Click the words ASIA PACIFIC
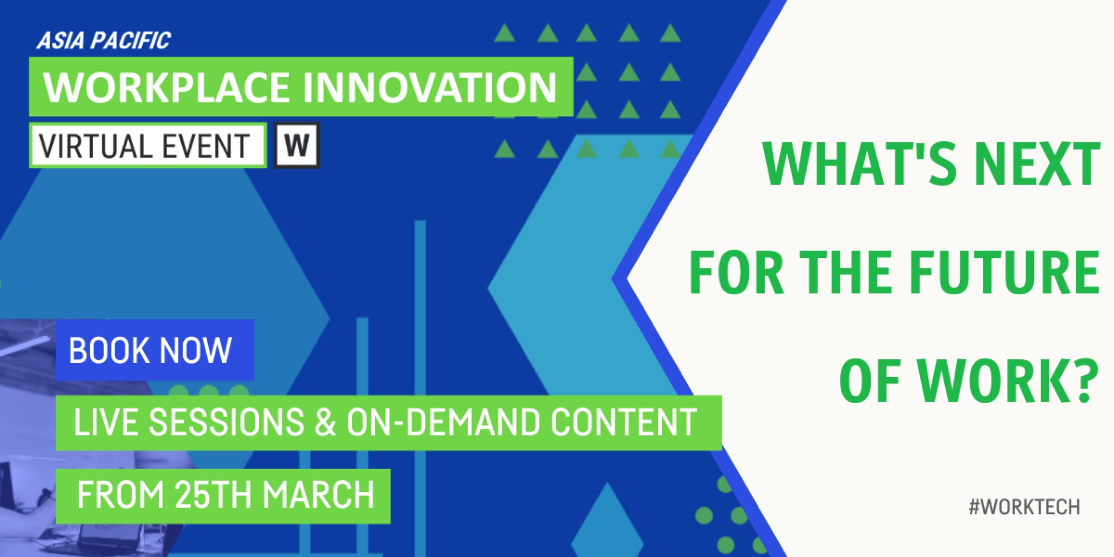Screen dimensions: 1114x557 click(x=104, y=41)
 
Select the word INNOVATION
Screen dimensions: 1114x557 click(x=430, y=87)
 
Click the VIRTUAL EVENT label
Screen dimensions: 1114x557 click(x=145, y=146)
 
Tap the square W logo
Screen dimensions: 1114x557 click(x=297, y=145)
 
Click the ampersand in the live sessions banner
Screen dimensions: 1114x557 click(x=324, y=423)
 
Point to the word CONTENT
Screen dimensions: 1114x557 click(x=624, y=423)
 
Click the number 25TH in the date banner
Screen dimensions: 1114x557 click(x=214, y=495)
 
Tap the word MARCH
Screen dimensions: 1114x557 click(x=319, y=495)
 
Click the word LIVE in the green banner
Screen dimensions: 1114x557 click(x=106, y=423)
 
